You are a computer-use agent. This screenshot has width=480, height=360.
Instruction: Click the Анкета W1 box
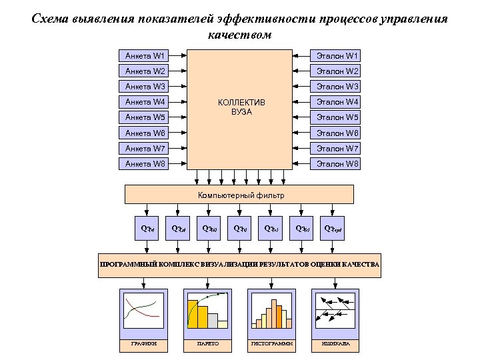[144, 55]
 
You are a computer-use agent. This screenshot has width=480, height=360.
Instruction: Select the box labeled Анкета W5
[144, 117]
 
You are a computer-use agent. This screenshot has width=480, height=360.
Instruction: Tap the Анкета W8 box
[144, 163]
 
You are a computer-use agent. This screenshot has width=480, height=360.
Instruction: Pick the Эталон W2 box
[337, 71]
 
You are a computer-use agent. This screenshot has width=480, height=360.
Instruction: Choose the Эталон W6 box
[337, 133]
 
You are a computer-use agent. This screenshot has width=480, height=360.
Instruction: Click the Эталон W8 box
[337, 163]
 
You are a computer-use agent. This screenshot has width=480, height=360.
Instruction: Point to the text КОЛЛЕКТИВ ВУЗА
[241, 107]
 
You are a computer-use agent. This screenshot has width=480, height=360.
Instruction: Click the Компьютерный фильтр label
[241, 195]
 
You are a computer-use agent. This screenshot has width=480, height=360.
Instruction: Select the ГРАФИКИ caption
[143, 345]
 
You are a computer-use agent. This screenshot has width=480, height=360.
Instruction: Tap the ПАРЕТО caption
[207, 345]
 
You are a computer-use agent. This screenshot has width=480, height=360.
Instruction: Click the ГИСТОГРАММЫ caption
[271, 345]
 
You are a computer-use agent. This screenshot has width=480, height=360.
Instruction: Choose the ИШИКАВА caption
[335, 345]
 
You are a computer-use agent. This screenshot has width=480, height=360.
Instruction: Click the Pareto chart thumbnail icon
[207, 311]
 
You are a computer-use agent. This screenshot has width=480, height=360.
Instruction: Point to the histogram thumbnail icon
[271, 311]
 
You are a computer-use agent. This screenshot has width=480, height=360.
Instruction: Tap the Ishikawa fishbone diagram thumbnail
[335, 311]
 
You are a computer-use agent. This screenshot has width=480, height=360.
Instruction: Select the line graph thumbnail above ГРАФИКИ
[143, 311]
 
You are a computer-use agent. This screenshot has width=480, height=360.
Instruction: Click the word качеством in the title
[240, 35]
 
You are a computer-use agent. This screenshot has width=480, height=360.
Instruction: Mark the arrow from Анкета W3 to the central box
[178, 87]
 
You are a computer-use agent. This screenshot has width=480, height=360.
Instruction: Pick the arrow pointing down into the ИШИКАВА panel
[335, 281]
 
